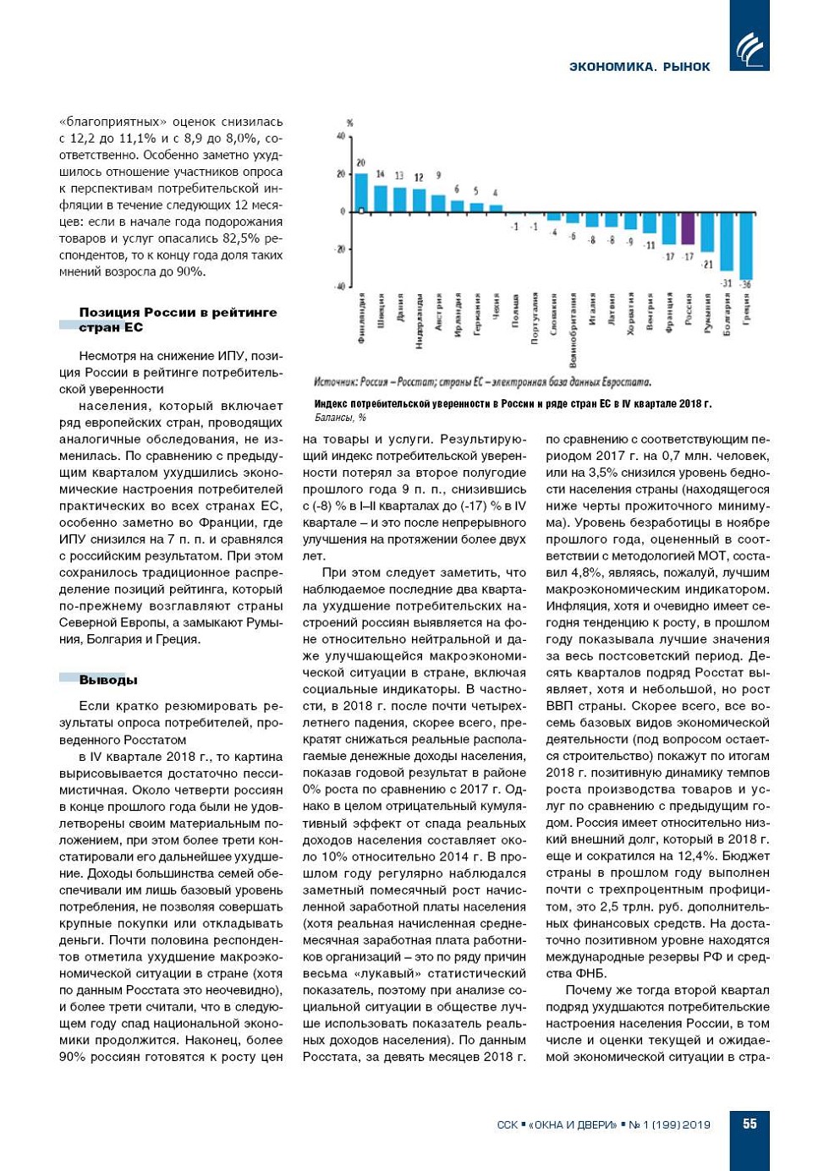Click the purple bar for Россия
(x=688, y=228)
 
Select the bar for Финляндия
(x=361, y=193)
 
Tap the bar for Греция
(x=745, y=245)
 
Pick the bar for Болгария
(x=726, y=242)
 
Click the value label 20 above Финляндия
(x=361, y=162)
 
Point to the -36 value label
(x=745, y=285)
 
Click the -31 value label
(x=726, y=282)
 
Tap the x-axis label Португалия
(x=535, y=319)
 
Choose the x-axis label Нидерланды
(x=420, y=321)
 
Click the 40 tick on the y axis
(x=341, y=137)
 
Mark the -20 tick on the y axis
(x=339, y=249)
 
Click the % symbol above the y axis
(x=349, y=123)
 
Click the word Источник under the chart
(x=336, y=382)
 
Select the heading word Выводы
(x=108, y=680)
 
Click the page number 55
(x=749, y=1124)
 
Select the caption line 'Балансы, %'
(x=340, y=418)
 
